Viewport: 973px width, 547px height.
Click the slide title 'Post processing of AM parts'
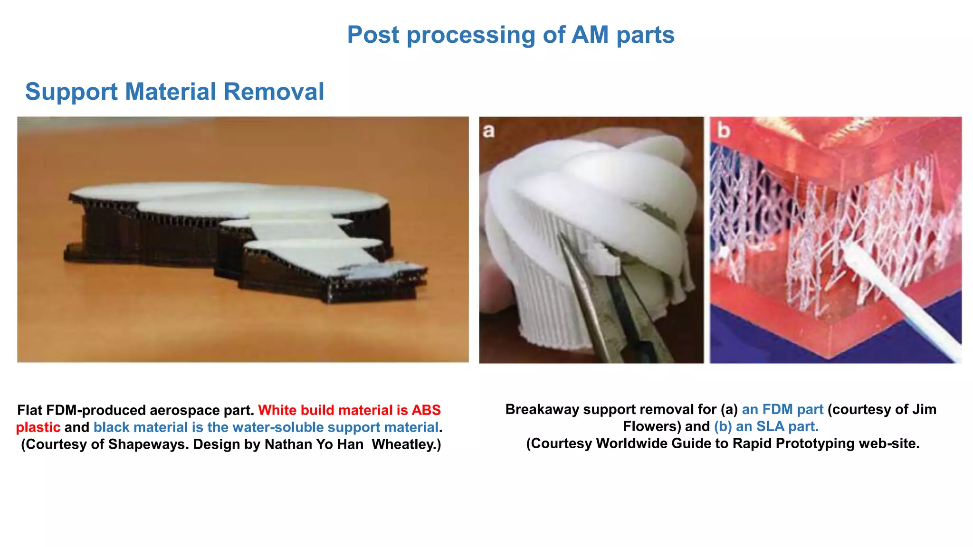pyautogui.click(x=510, y=35)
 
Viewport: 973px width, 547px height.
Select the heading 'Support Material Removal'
pyautogui.click(x=174, y=91)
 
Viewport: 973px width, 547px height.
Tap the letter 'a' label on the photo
pyautogui.click(x=488, y=131)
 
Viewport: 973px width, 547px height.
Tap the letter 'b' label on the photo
pyautogui.click(x=723, y=130)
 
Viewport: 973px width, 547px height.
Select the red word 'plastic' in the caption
pyautogui.click(x=38, y=427)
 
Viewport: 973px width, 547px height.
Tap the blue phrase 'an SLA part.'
pyautogui.click(x=777, y=426)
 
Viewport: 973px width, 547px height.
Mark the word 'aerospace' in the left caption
pyautogui.click(x=184, y=410)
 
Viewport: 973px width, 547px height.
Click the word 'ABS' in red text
pyautogui.click(x=426, y=410)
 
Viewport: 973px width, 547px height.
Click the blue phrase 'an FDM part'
pyautogui.click(x=782, y=409)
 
